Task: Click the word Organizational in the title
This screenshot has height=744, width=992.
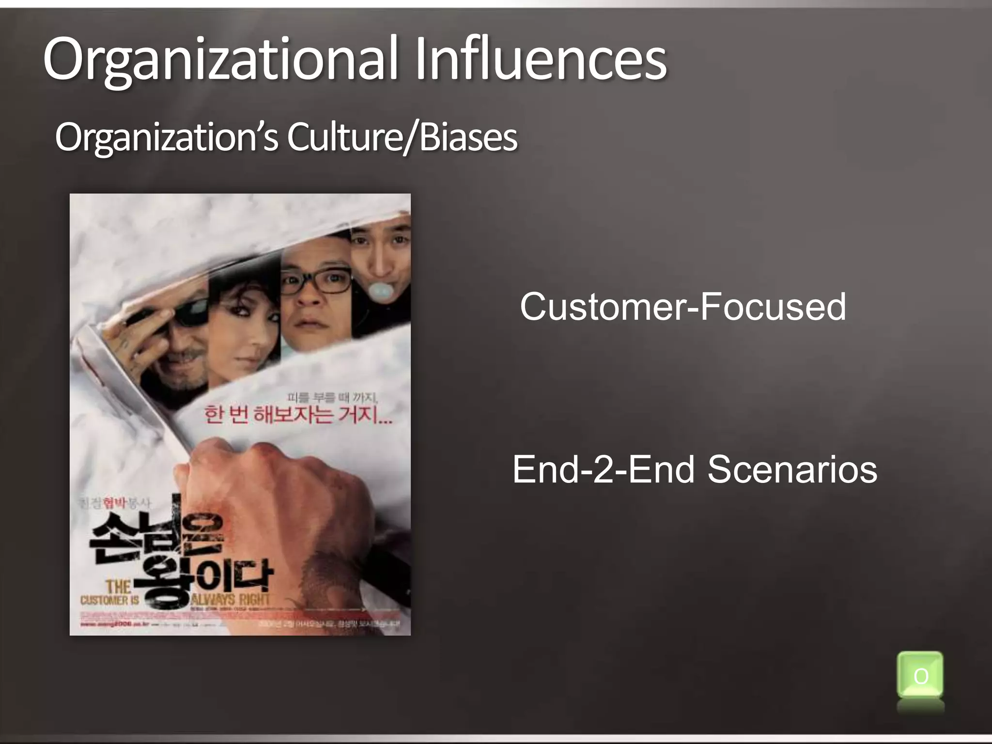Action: [220, 61]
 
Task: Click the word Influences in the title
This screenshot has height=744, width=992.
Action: [541, 61]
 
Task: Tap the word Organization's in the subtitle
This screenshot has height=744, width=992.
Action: [167, 138]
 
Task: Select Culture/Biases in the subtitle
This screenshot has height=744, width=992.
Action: [402, 138]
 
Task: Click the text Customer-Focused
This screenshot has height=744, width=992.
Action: [682, 307]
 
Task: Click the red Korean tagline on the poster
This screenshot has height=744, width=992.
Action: [298, 416]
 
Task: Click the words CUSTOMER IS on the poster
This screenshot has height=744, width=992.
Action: [110, 600]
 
